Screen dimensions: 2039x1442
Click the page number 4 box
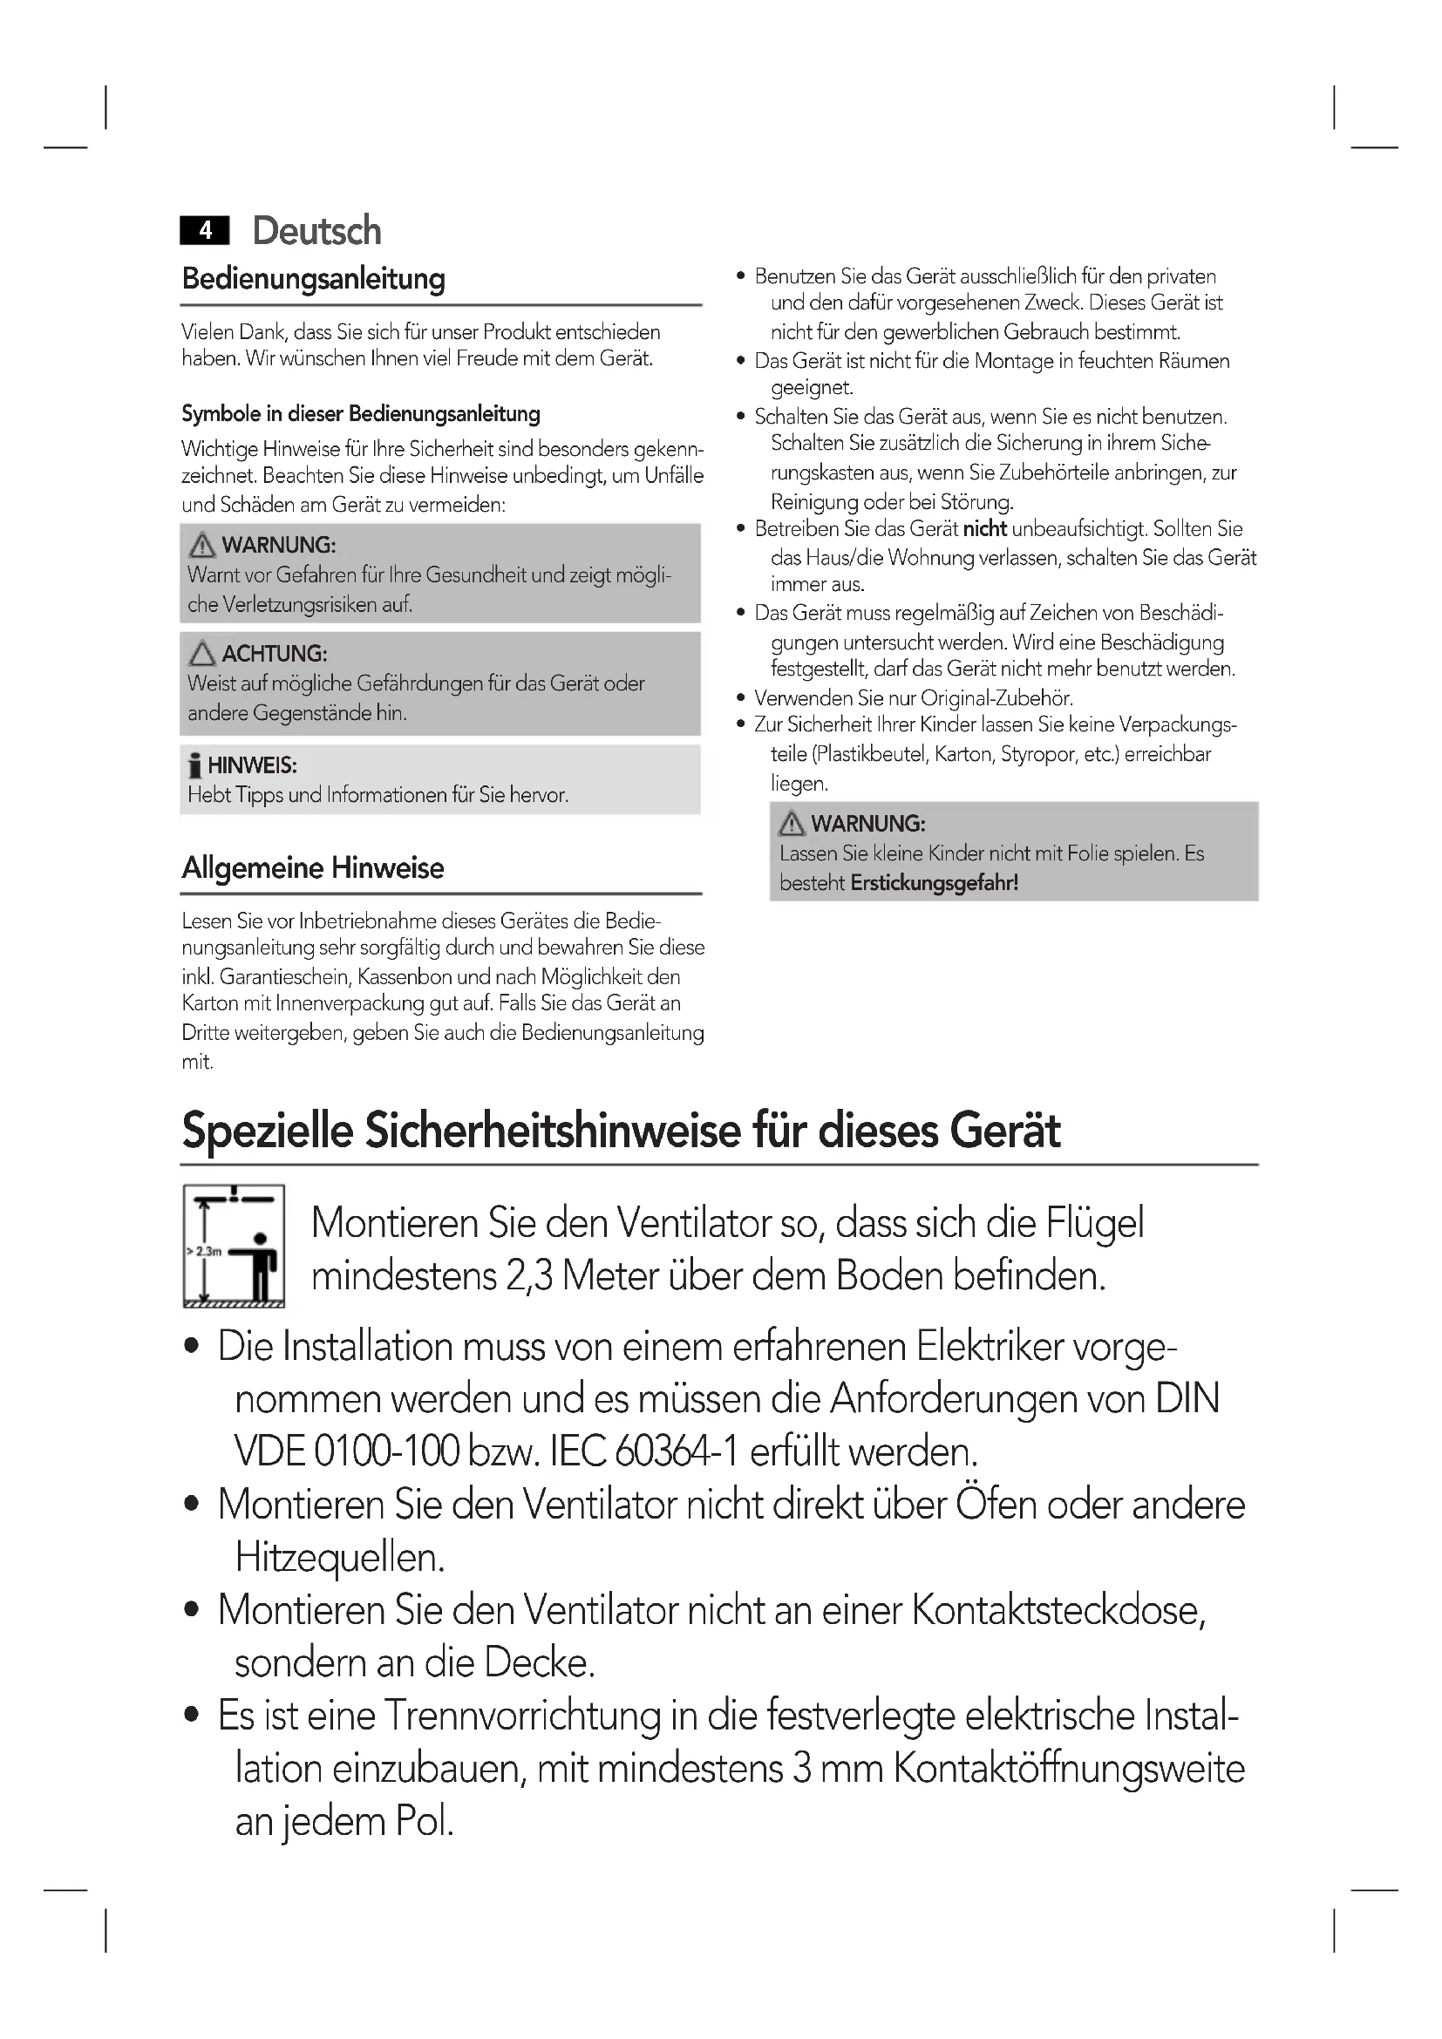204,231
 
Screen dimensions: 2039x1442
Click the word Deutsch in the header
317,231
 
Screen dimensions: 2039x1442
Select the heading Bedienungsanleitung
314,279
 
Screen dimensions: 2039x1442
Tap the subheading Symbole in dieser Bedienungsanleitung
361,414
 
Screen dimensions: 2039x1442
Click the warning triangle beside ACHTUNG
202,654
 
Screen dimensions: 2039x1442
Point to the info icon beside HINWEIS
195,765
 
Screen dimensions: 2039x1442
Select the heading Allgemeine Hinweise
313,867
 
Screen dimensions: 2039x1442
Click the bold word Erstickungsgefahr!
934,883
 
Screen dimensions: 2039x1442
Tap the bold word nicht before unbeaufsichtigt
984,529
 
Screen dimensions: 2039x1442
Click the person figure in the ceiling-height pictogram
260,1265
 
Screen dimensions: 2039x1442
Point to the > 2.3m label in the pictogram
203,1251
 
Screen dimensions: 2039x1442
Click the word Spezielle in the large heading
268,1132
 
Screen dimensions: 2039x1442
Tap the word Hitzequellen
339,1558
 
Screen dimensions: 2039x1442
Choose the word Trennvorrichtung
522,1716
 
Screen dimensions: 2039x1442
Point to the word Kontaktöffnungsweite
1069,1768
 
